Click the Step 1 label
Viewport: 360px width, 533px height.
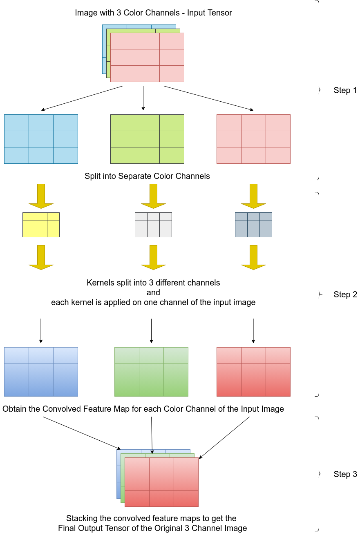click(x=345, y=91)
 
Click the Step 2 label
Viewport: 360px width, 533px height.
click(x=345, y=294)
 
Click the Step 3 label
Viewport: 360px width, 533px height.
click(x=345, y=474)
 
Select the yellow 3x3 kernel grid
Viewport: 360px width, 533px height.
click(x=41, y=225)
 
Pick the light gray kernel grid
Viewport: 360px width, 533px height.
click(x=153, y=225)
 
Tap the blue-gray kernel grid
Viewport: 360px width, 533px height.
click(x=253, y=225)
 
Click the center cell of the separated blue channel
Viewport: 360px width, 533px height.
click(x=41, y=139)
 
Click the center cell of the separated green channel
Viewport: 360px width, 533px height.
click(x=147, y=139)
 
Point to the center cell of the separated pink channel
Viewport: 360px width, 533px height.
click(x=253, y=139)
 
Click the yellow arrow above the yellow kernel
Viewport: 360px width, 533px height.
click(x=41, y=196)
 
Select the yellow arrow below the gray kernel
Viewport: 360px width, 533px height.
click(x=153, y=257)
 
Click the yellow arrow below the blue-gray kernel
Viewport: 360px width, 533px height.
click(x=253, y=257)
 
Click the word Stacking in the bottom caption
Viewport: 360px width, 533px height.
click(x=82, y=518)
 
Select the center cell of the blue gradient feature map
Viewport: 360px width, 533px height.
click(x=41, y=372)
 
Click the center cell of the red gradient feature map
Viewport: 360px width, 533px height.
click(x=253, y=372)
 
